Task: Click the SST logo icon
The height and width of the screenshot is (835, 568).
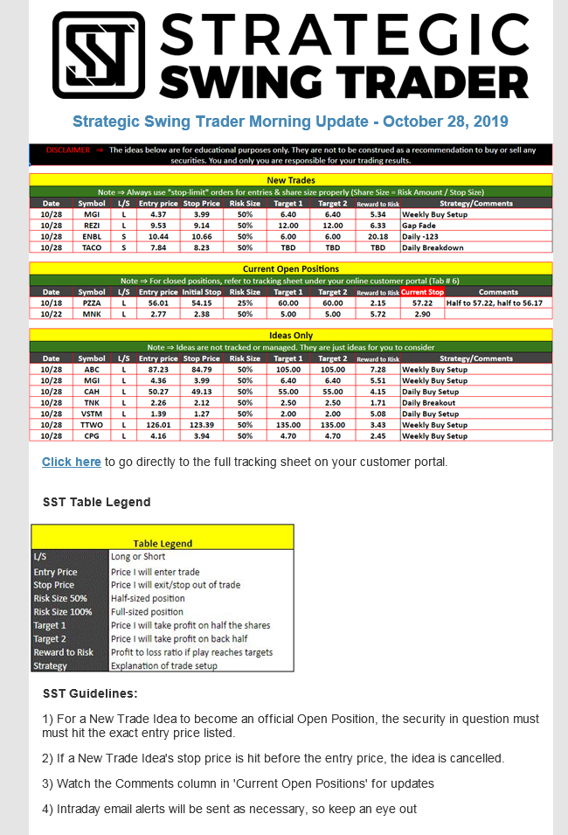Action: pos(99,54)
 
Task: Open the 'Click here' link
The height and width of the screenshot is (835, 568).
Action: pos(71,462)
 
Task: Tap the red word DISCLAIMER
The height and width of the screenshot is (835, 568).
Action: pos(68,150)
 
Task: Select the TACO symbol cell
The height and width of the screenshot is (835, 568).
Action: pos(92,247)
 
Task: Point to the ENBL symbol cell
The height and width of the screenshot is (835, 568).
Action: pos(92,236)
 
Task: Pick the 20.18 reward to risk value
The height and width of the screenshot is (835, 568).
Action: pos(378,236)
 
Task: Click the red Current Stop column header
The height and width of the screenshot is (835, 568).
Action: pos(422,292)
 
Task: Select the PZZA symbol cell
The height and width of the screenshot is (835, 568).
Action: pos(92,303)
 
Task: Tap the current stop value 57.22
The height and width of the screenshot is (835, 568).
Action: pos(422,303)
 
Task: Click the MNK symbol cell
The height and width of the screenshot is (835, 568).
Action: pos(92,314)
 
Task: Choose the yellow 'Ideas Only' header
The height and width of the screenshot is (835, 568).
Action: pos(290,335)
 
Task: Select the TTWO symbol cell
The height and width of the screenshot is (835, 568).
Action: pos(92,425)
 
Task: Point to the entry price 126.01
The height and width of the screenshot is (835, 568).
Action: pos(158,425)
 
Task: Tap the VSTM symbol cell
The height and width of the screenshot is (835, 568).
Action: pos(92,414)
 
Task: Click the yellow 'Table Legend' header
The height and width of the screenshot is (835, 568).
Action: pos(163,543)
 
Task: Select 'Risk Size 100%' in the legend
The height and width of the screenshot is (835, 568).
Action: pos(63,612)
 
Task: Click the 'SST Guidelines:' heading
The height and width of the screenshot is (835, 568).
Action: pos(90,693)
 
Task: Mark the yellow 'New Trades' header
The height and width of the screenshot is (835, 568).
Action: pos(290,180)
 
